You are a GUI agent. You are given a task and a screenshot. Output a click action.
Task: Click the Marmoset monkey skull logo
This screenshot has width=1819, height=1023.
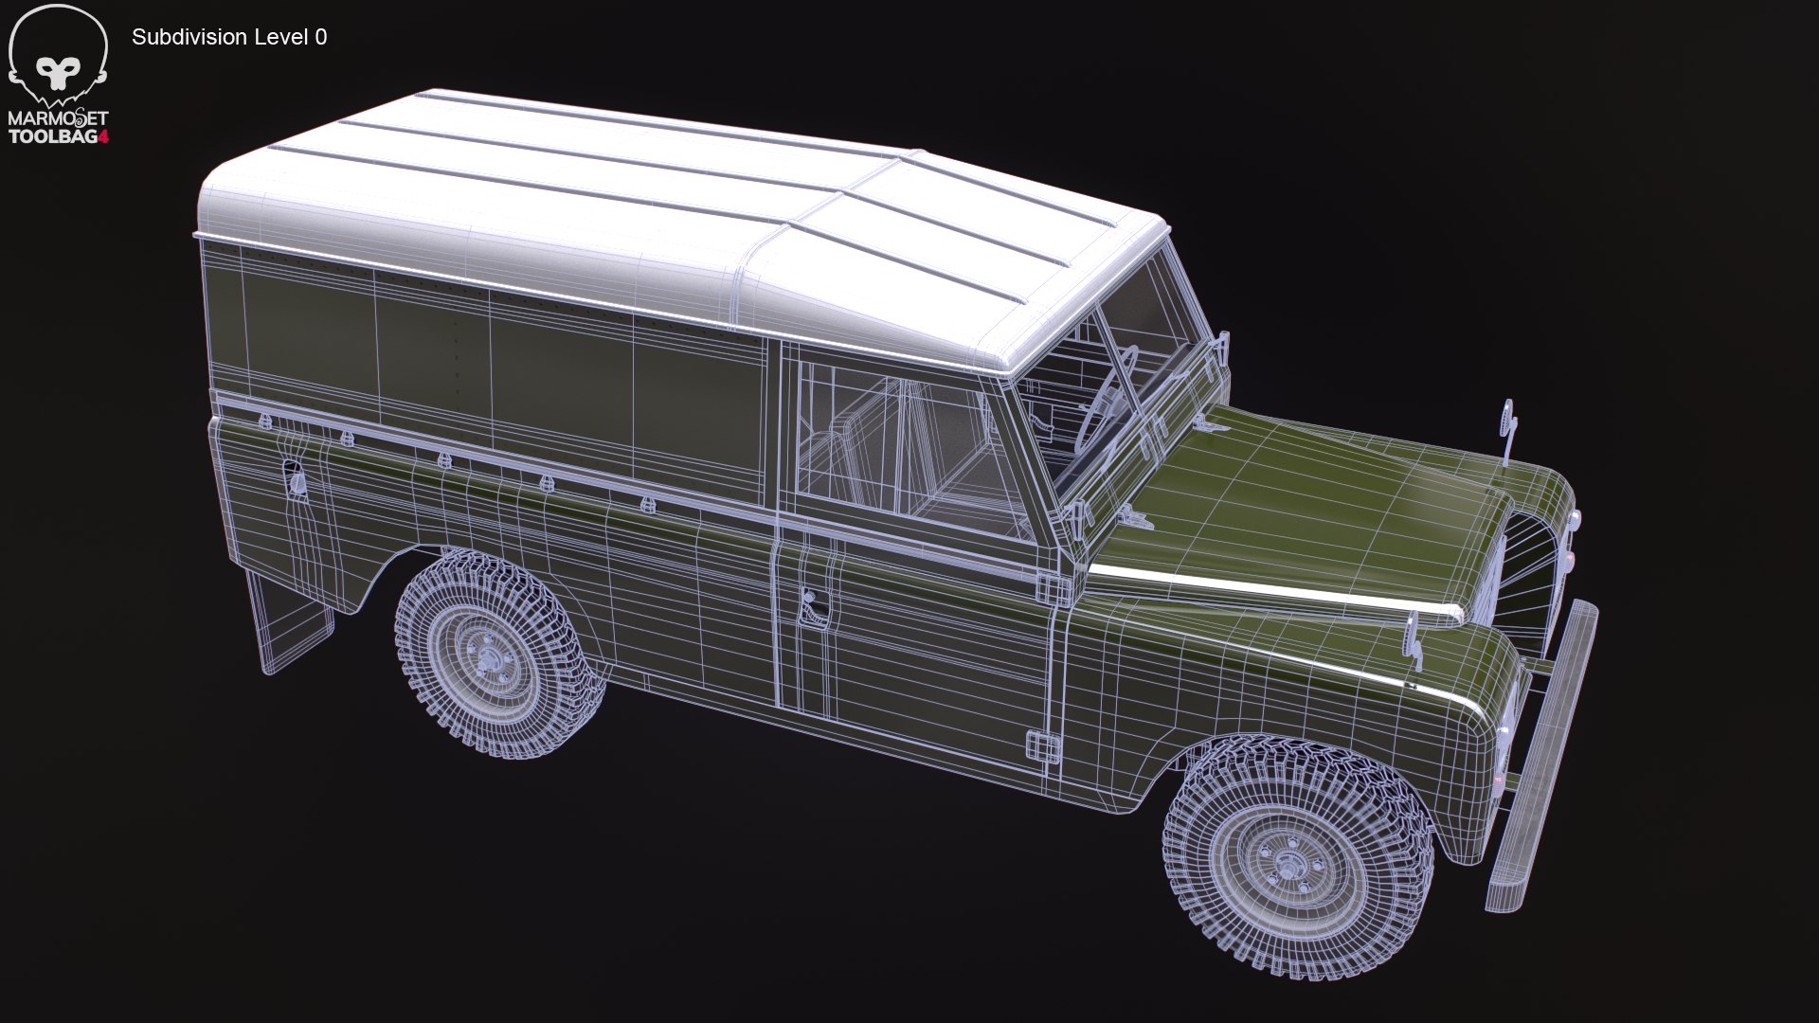point(58,57)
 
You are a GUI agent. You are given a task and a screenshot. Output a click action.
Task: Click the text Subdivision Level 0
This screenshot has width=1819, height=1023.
point(229,37)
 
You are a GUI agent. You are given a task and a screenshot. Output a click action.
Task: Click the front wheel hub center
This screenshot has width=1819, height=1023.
point(1288,863)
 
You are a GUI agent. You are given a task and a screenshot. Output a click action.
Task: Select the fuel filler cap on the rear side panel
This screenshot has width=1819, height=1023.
point(296,479)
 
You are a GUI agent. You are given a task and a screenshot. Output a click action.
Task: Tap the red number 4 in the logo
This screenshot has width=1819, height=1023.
point(104,136)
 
